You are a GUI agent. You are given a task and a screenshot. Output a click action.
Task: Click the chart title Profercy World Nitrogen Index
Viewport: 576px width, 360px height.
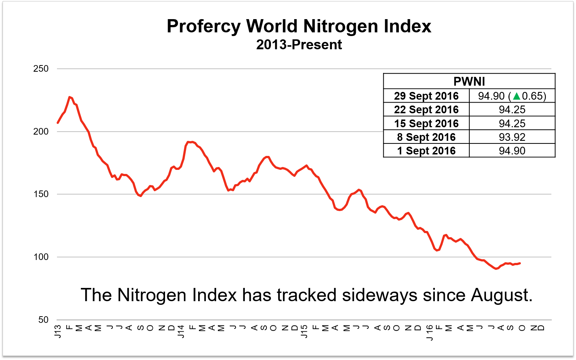pos(299,26)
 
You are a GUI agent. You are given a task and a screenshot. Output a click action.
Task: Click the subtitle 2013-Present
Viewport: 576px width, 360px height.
pos(299,45)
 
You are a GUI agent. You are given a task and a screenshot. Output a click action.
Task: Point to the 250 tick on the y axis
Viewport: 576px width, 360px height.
pos(41,69)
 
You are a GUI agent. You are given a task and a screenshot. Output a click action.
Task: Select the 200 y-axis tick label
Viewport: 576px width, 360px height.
pos(41,132)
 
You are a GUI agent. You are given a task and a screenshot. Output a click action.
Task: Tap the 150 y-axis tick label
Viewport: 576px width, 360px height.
pos(41,194)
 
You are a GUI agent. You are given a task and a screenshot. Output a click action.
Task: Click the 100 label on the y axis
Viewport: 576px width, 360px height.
pos(41,257)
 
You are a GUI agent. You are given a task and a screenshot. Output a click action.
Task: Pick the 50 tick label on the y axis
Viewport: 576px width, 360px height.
pos(43,320)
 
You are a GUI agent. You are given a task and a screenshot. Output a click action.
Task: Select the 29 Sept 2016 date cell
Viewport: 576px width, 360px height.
pos(426,96)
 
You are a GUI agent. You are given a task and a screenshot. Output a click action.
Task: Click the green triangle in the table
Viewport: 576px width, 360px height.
pos(516,96)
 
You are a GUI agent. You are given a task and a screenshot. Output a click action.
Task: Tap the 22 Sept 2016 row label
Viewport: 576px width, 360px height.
pos(426,110)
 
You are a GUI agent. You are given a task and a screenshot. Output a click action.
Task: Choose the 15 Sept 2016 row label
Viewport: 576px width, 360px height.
pos(426,124)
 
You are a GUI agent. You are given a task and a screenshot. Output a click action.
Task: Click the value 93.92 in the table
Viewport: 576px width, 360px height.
pos(512,137)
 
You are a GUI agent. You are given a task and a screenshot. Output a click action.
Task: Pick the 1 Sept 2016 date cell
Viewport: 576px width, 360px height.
pos(426,151)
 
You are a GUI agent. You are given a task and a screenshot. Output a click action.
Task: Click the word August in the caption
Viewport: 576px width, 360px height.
pos(501,295)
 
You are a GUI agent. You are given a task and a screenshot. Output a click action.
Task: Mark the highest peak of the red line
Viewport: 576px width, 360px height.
pos(69,97)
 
